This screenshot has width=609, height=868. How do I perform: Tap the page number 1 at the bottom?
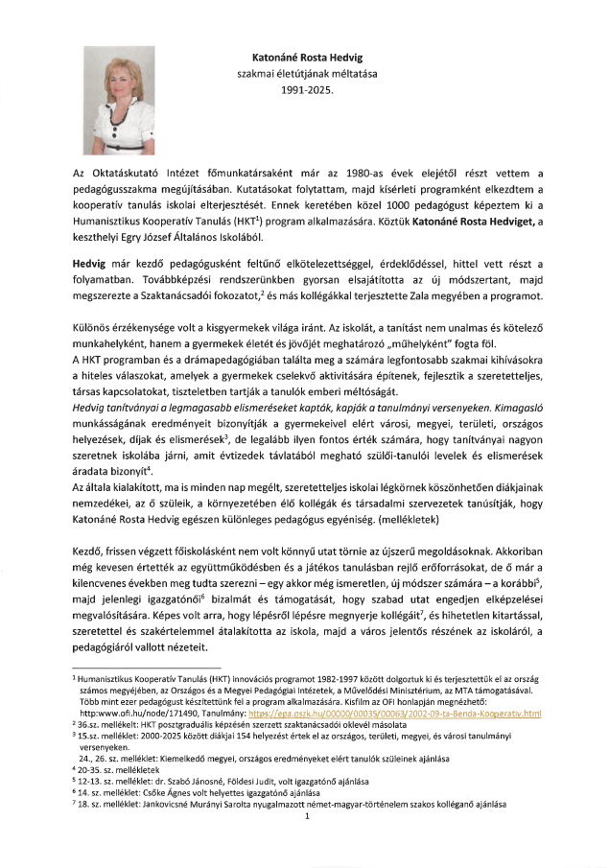pyautogui.click(x=304, y=816)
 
